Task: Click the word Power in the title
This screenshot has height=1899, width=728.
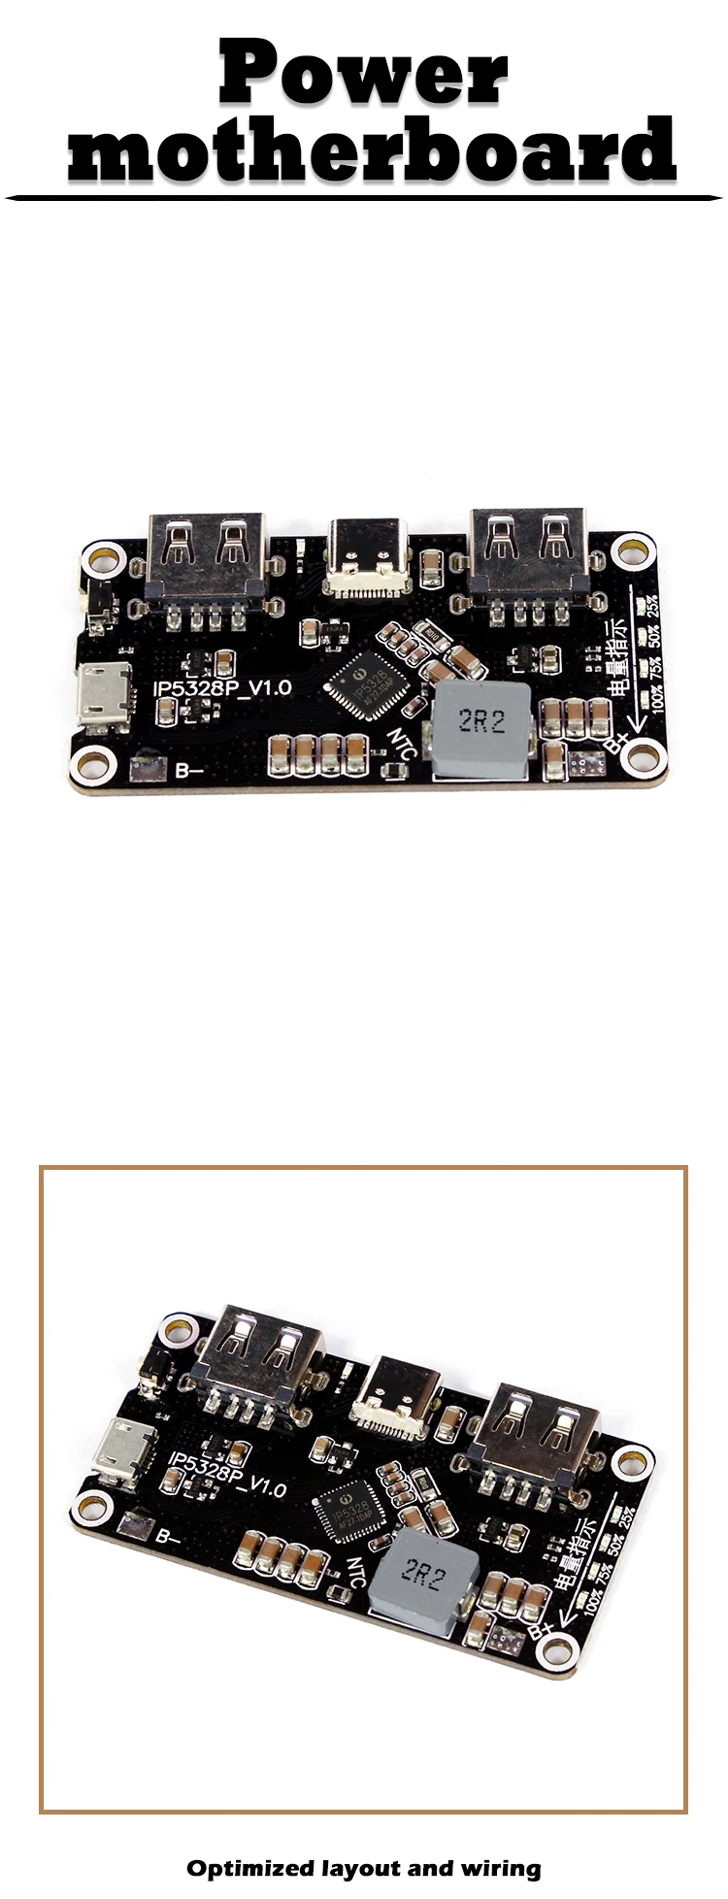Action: (363, 73)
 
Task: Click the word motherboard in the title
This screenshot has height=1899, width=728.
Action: (371, 150)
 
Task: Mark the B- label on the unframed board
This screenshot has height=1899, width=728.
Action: (187, 773)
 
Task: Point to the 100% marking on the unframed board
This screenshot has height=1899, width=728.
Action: (659, 699)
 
